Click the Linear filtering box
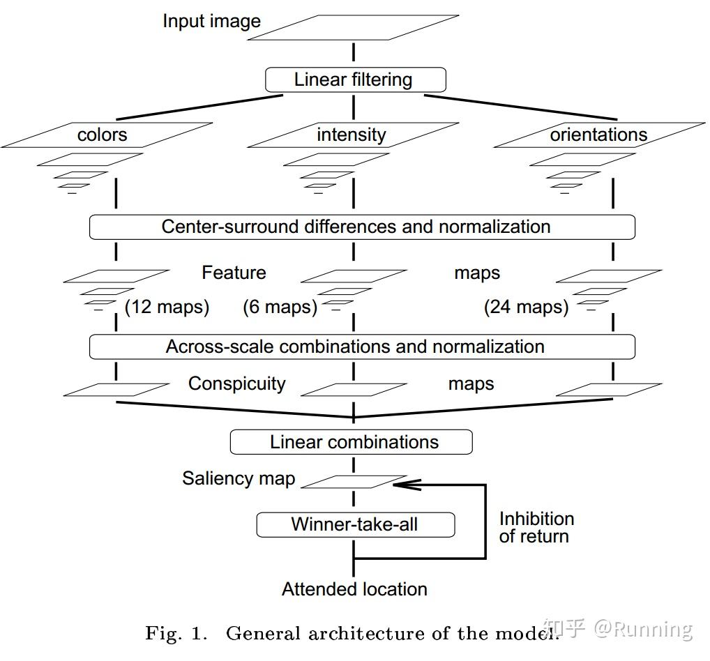(x=355, y=79)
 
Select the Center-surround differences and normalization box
(x=362, y=227)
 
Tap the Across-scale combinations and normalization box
(x=362, y=347)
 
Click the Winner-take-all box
(x=355, y=524)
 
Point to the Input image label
(x=211, y=21)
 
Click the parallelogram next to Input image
(x=362, y=28)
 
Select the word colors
(x=103, y=135)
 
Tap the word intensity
(x=352, y=135)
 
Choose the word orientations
(x=598, y=135)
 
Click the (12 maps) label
(x=167, y=307)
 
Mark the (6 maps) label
(x=280, y=307)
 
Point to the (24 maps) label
(x=526, y=307)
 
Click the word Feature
(x=234, y=273)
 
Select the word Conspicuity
(x=236, y=383)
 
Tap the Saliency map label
(x=239, y=478)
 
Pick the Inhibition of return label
(x=536, y=527)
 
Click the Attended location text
(x=354, y=589)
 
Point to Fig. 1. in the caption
(x=176, y=633)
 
